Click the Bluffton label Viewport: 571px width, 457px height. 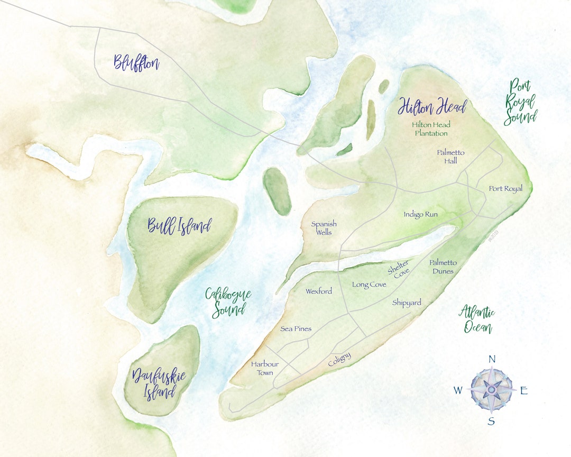click(136, 63)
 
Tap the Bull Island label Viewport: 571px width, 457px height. click(179, 226)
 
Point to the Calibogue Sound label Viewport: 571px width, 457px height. click(228, 302)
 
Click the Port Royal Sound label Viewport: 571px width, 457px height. click(520, 102)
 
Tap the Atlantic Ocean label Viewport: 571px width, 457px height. click(477, 319)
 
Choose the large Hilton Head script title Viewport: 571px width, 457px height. click(432, 107)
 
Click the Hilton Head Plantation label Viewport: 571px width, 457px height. click(431, 129)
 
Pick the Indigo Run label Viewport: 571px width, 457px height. click(421, 215)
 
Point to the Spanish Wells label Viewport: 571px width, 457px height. click(324, 228)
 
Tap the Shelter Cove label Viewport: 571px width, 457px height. click(399, 270)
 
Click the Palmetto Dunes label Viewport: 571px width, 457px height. click(443, 267)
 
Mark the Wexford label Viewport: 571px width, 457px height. click(319, 291)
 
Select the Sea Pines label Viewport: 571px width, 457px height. click(296, 329)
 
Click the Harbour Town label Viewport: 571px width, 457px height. click(265, 368)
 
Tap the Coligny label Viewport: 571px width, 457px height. click(339, 360)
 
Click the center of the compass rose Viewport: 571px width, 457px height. click(491, 390)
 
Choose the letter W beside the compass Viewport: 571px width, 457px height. click(458, 391)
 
